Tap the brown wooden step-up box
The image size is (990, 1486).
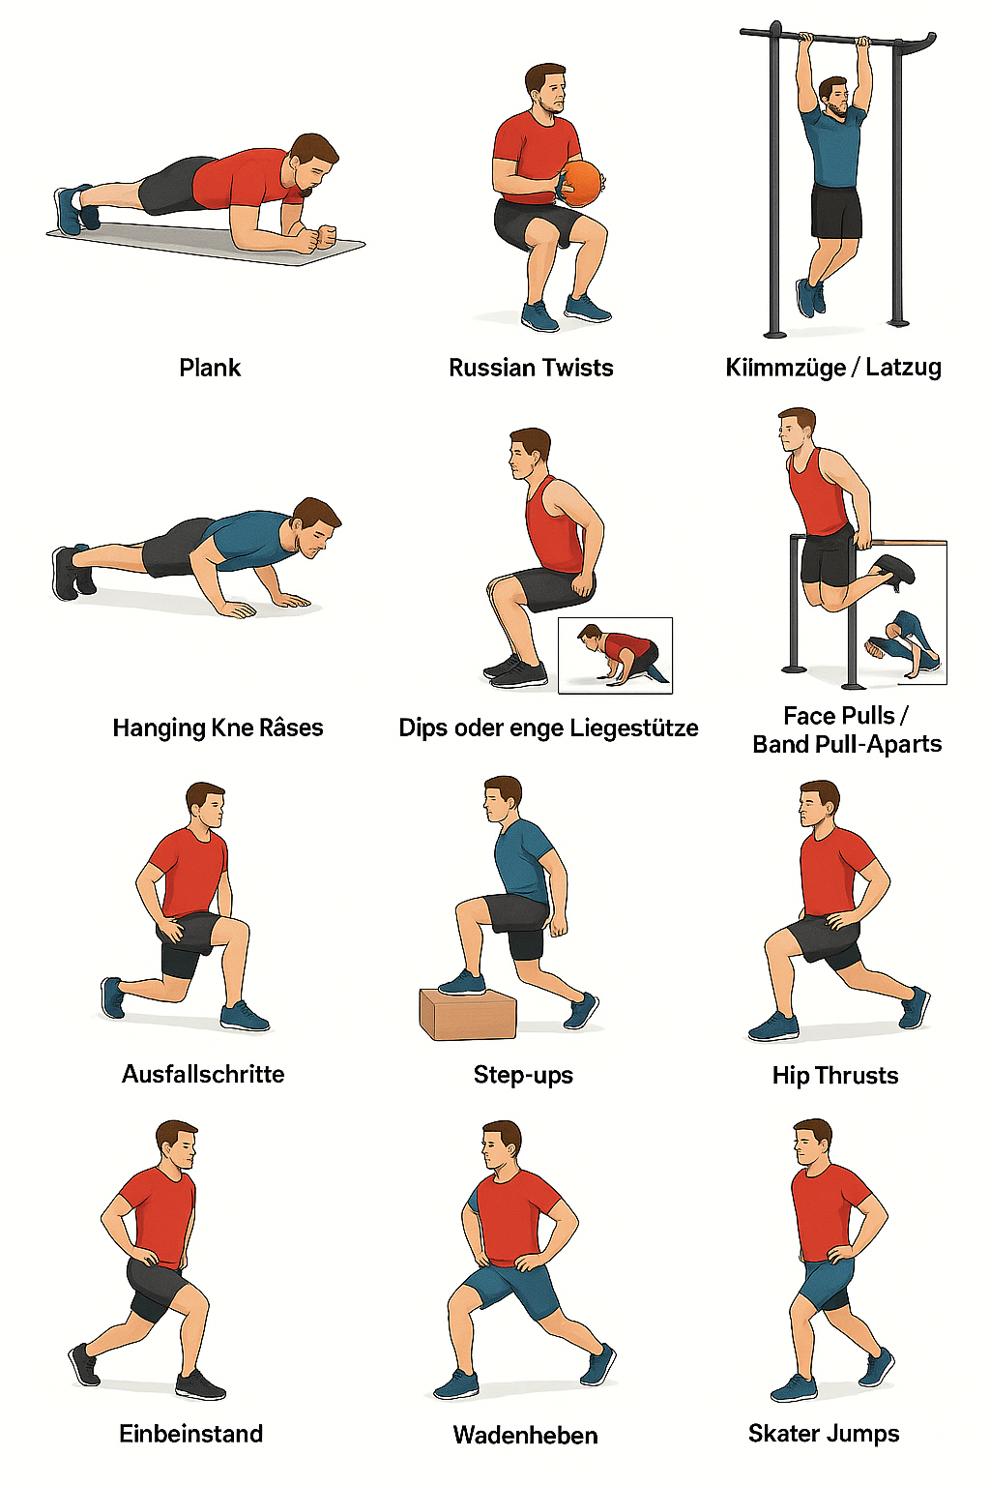click(x=468, y=1013)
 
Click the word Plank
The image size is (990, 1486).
click(x=210, y=368)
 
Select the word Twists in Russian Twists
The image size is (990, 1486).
click(x=577, y=368)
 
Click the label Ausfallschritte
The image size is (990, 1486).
click(x=203, y=1074)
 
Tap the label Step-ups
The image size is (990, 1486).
click(x=523, y=1076)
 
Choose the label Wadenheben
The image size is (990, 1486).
click(x=525, y=1436)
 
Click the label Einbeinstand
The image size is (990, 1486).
click(x=191, y=1434)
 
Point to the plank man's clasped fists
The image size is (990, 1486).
click(x=318, y=238)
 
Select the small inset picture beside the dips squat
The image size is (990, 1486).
click(x=615, y=655)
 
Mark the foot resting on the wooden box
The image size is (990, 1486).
click(x=462, y=983)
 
